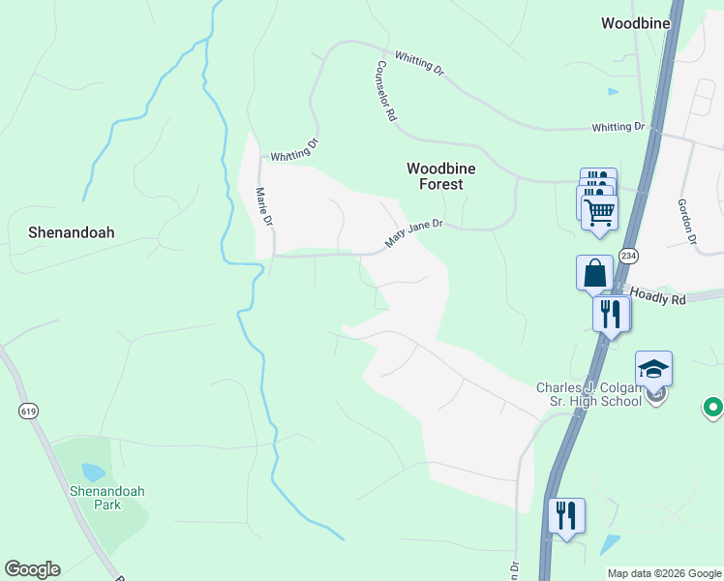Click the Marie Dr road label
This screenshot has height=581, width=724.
[262, 205]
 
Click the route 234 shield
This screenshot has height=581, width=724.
[629, 256]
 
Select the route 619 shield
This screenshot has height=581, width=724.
[27, 411]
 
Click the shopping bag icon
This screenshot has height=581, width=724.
[594, 272]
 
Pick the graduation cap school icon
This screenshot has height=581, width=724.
[654, 369]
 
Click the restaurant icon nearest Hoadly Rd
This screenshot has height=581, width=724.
[610, 314]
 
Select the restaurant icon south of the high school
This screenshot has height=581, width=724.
[567, 514]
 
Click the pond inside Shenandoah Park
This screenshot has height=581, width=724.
[93, 473]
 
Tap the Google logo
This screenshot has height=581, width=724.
[32, 569]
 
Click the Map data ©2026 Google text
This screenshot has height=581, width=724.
[664, 573]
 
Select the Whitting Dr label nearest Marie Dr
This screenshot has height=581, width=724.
[294, 150]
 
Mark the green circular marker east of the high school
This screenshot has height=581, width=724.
[713, 408]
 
